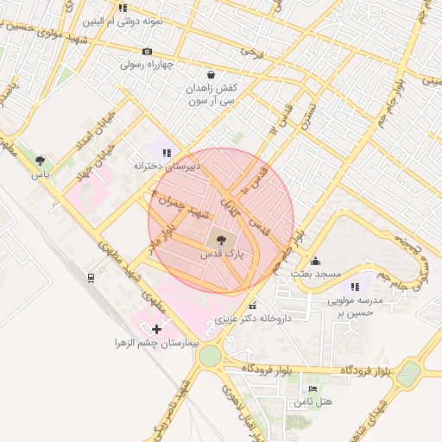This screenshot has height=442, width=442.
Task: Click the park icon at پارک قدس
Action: point(221,241)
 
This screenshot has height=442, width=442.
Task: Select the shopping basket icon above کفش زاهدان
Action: point(212,74)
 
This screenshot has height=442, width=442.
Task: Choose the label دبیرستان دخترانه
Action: point(167,165)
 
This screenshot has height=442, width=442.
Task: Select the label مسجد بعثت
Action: point(317,274)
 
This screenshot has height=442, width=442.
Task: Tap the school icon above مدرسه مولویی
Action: point(354,287)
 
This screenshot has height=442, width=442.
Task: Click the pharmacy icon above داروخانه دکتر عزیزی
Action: point(252,306)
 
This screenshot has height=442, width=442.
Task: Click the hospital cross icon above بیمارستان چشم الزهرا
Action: point(156,329)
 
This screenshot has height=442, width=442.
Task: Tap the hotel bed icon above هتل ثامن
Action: point(313,389)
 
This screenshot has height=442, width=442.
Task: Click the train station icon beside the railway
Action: point(91,277)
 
